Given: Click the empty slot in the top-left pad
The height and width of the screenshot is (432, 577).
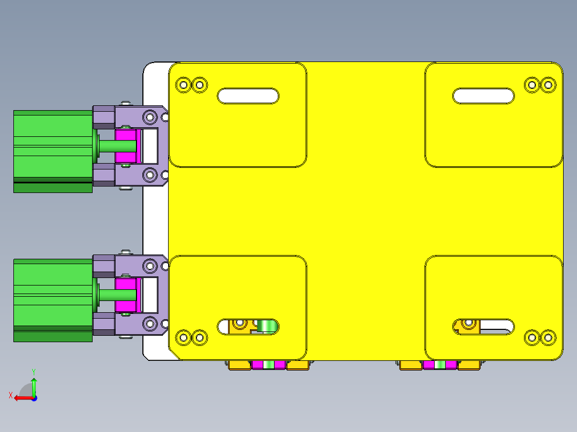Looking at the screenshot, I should click(248, 96).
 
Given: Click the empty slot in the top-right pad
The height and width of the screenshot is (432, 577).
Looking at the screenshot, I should click(483, 96).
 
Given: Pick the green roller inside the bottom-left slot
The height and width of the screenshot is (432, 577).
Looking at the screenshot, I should click(265, 326).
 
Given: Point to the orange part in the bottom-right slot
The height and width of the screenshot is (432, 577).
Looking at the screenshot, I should click(469, 326).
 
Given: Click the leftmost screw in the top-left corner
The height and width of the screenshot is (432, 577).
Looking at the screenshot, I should click(184, 84).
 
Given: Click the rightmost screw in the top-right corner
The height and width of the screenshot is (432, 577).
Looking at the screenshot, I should click(548, 84).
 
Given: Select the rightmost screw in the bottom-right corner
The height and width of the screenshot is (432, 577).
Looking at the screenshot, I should click(548, 337).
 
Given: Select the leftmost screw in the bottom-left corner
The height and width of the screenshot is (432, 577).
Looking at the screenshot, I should click(184, 337).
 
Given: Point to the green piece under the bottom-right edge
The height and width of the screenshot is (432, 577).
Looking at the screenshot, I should click(439, 365).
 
